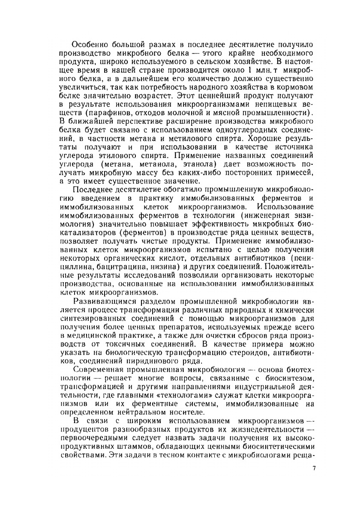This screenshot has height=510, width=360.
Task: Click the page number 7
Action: (314, 468)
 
